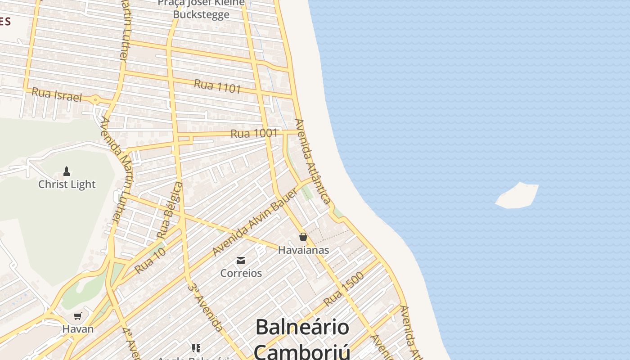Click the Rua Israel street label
click(x=57, y=95)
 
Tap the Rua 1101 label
click(x=218, y=85)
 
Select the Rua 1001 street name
click(x=254, y=133)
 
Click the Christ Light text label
click(x=67, y=184)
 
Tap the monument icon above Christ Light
click(x=67, y=171)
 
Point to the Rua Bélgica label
click(x=170, y=210)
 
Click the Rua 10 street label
click(x=150, y=261)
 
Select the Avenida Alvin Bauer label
click(x=255, y=222)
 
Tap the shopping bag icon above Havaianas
click(x=303, y=236)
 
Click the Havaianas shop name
click(x=303, y=250)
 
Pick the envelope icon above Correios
click(x=241, y=260)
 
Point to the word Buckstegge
click(x=201, y=14)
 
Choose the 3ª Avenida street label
click(x=205, y=307)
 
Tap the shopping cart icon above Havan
click(x=78, y=316)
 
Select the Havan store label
click(x=78, y=329)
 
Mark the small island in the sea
click(x=517, y=196)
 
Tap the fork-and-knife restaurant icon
click(x=196, y=348)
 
